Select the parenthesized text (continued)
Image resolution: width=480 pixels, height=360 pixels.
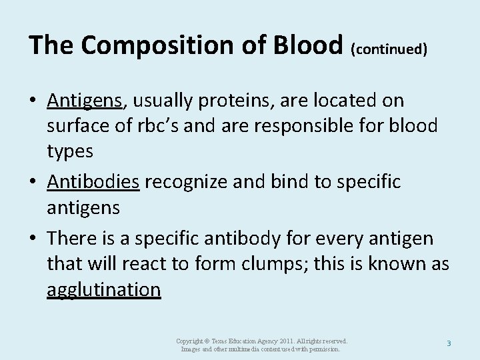[389, 49]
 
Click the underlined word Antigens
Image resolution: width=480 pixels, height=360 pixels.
[85, 101]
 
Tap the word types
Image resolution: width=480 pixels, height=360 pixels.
[70, 151]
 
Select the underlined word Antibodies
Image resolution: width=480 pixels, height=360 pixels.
[93, 182]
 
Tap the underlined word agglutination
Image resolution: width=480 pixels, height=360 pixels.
[104, 289]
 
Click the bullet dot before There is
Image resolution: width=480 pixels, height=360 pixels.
[33, 239]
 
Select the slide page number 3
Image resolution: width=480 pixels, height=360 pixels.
[449, 343]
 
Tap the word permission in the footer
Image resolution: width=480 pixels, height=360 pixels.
[323, 349]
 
